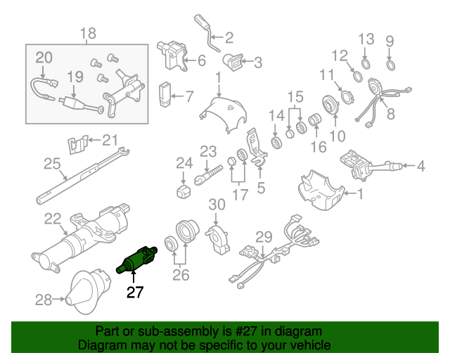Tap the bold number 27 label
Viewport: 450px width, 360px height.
point(135,292)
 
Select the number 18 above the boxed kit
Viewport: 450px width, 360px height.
point(87,33)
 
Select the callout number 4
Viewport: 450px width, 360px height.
point(420,167)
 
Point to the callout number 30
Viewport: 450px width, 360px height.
point(217,205)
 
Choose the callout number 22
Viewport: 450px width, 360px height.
point(53,219)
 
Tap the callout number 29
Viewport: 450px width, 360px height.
point(263,237)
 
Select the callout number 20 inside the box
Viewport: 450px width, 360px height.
point(44,57)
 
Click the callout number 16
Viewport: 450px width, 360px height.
point(319,146)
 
